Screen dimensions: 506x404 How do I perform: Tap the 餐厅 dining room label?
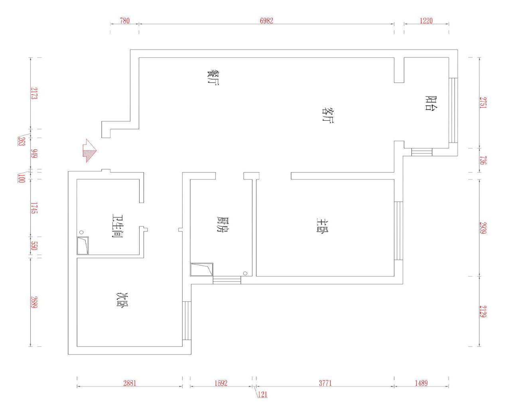(x=213, y=77)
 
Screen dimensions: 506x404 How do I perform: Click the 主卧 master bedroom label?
(x=323, y=226)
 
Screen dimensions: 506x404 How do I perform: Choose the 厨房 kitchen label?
(x=222, y=224)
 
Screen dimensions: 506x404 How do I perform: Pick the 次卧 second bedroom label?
(x=123, y=300)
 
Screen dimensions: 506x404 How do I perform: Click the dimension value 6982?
(x=266, y=21)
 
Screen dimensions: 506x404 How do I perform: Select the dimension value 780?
(x=125, y=21)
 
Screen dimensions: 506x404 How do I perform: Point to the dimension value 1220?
(x=426, y=21)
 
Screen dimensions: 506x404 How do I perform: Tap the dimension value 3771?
(x=325, y=383)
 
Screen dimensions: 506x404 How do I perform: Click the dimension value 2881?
(x=130, y=383)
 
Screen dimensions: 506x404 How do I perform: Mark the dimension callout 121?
(x=262, y=394)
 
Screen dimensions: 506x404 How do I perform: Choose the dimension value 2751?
(x=483, y=103)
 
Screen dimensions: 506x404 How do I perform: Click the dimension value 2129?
(x=483, y=311)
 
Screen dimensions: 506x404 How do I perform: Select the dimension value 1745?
(x=34, y=208)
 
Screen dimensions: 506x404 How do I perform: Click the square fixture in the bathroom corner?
(x=83, y=246)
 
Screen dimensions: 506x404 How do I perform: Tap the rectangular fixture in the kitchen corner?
(x=201, y=269)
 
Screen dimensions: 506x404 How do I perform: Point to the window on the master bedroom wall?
(x=399, y=230)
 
